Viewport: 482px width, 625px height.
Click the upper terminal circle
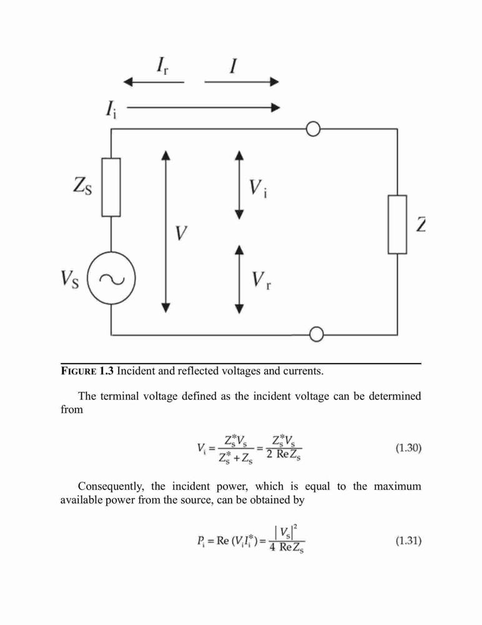(313, 129)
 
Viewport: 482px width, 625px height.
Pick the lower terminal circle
(317, 334)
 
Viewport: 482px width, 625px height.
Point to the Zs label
(82, 186)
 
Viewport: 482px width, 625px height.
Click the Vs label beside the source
(70, 279)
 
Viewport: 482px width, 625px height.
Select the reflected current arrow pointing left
(154, 82)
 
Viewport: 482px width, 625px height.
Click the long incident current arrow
(203, 107)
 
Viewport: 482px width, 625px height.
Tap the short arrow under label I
(242, 82)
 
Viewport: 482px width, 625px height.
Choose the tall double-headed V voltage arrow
(166, 232)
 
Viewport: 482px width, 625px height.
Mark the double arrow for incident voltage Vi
(239, 185)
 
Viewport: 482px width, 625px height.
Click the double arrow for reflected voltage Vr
(239, 279)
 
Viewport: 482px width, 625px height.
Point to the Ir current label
(162, 66)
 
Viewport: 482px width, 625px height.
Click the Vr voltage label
(262, 280)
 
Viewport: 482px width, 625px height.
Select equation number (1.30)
(408, 448)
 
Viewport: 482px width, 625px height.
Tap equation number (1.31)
(408, 541)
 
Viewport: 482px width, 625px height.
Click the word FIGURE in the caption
(79, 371)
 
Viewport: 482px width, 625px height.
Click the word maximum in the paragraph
(397, 486)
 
